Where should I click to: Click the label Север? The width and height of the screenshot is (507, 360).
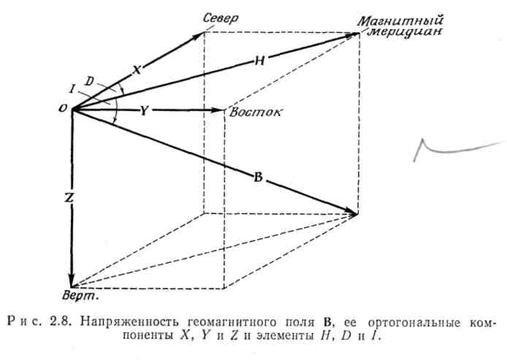tap(223, 20)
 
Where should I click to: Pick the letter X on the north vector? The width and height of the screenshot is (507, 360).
tap(137, 69)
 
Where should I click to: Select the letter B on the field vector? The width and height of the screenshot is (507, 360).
tap(258, 177)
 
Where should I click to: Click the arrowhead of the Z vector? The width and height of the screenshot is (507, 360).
tap(72, 280)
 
